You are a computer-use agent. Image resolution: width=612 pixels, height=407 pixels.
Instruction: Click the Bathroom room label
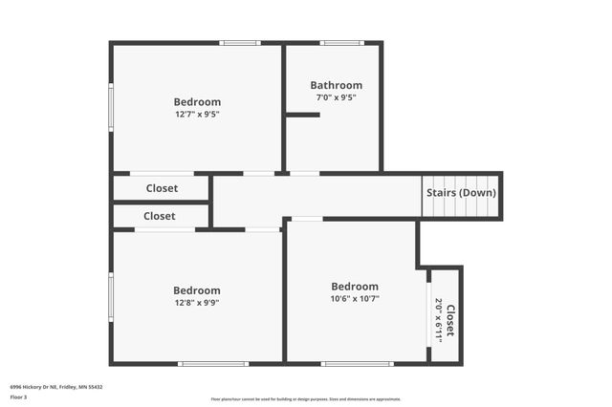click(336, 85)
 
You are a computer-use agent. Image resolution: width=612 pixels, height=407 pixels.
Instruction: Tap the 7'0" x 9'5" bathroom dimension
click(336, 96)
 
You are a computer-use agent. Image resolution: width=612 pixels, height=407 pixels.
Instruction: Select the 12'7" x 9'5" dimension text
click(197, 114)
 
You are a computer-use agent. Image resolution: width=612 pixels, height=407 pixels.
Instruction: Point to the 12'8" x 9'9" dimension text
click(197, 302)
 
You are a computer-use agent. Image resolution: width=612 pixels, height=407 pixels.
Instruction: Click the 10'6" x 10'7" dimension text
click(354, 298)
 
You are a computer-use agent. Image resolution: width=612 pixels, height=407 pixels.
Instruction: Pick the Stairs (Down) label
click(462, 192)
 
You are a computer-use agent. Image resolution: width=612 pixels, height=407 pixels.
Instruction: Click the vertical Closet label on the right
click(450, 320)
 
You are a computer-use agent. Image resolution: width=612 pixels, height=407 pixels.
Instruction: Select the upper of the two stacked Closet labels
click(162, 188)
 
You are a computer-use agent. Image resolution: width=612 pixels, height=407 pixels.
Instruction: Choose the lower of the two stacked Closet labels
click(159, 216)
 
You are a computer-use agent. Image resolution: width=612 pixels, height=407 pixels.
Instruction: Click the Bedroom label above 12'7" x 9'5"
click(197, 102)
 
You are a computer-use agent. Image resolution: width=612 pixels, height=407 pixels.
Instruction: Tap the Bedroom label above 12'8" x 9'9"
click(197, 290)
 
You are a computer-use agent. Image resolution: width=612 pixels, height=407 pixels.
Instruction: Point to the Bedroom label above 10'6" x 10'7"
click(354, 287)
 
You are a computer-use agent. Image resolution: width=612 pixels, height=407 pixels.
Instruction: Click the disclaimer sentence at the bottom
click(305, 399)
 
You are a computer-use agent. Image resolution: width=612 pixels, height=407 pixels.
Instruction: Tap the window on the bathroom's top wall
click(341, 42)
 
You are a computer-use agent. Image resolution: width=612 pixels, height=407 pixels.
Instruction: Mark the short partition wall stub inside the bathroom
click(303, 115)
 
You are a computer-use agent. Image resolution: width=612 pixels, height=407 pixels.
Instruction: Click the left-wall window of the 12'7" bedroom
click(111, 106)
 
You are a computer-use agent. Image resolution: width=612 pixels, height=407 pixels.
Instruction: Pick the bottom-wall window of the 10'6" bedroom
click(356, 363)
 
